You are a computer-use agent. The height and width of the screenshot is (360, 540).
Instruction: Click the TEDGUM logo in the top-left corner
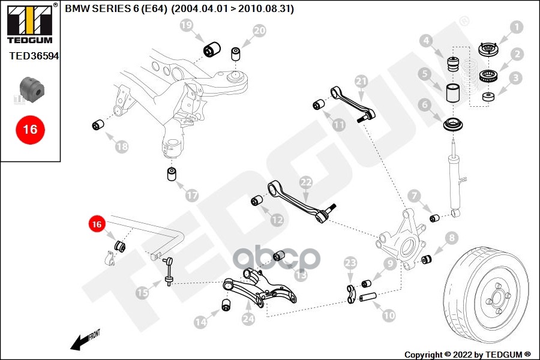(x=30, y=23)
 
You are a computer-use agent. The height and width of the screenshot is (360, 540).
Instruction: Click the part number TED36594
(x=34, y=56)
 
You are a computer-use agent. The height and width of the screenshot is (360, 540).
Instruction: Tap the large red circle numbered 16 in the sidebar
(x=31, y=130)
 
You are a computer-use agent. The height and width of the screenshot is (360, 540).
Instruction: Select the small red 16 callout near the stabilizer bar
(x=97, y=224)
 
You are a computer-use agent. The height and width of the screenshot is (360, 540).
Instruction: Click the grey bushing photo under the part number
(x=32, y=89)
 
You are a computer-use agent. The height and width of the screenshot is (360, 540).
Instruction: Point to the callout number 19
(x=187, y=25)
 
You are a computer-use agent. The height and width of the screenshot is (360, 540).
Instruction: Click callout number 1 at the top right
(x=516, y=27)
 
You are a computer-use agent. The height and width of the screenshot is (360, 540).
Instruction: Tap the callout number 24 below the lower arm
(x=248, y=319)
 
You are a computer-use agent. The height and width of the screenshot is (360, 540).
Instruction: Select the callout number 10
(x=389, y=315)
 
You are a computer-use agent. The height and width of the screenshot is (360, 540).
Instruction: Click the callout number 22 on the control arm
(x=306, y=182)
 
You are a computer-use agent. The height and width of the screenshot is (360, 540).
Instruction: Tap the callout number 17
(x=192, y=196)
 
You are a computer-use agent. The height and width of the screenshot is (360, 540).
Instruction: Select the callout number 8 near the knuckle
(x=451, y=238)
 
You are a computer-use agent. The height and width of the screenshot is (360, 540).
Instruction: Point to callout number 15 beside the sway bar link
(x=143, y=293)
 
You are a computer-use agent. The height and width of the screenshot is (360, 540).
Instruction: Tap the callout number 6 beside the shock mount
(x=425, y=104)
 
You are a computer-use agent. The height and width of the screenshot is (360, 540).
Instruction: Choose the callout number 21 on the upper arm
(x=361, y=82)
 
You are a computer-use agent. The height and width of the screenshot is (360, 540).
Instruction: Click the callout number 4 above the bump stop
(x=426, y=41)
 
